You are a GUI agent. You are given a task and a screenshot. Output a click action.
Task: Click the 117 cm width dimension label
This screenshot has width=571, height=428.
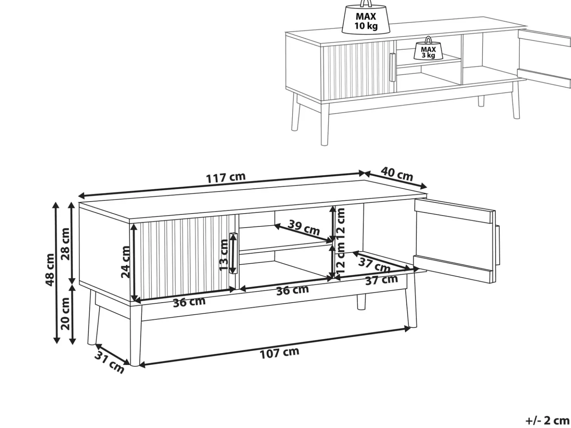(226, 177)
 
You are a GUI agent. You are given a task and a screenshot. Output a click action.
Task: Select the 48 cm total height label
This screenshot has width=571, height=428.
(50, 270)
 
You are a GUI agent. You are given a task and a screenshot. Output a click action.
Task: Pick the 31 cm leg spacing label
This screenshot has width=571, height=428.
(109, 362)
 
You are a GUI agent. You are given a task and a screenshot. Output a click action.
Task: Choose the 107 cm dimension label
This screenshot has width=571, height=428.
(279, 353)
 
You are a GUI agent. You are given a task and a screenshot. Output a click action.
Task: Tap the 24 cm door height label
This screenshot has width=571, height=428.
(125, 262)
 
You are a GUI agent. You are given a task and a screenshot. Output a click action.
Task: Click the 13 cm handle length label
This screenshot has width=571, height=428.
(224, 255)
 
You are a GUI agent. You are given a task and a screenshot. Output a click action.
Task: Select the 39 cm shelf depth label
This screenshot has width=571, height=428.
(304, 227)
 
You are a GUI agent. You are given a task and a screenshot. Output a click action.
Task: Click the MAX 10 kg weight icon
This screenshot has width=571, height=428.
(366, 17)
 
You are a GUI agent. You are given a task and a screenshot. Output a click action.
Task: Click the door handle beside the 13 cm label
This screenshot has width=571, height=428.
(233, 253)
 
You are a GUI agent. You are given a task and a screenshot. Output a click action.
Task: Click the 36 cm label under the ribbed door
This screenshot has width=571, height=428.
(189, 302)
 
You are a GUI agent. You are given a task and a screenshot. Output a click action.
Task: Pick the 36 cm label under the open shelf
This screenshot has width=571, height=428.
(292, 290)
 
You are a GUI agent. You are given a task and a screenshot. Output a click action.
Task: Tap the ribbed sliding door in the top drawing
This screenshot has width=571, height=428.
(358, 70)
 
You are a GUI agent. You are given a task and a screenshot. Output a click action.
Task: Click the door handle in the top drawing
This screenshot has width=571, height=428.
(392, 67)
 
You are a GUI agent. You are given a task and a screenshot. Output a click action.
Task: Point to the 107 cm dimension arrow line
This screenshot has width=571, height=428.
(275, 346)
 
